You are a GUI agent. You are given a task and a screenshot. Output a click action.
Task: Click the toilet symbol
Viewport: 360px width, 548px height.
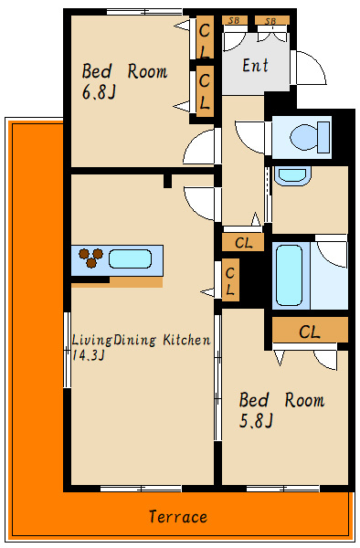pos(310,137)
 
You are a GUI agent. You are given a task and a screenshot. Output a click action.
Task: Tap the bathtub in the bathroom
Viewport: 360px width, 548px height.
pos(289,275)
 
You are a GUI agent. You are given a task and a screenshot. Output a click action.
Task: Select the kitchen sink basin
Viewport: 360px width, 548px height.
pos(130,259)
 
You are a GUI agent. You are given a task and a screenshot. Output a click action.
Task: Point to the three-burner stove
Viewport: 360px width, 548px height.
pos(90,258)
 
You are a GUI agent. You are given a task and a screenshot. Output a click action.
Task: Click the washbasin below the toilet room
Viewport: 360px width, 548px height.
pos(292,175)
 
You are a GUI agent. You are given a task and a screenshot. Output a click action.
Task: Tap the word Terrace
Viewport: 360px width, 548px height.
pos(178,517)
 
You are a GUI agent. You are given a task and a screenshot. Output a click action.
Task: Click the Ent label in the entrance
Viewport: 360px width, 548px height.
pos(256,66)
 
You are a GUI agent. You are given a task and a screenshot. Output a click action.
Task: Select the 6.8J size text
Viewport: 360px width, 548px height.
pos(99,92)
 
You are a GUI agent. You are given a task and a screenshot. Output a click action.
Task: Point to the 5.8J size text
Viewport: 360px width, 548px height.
pos(256,421)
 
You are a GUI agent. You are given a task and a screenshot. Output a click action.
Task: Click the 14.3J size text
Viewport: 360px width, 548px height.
pos(88,355)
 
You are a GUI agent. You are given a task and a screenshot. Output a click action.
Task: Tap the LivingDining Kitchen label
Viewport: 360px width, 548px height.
pos(142,340)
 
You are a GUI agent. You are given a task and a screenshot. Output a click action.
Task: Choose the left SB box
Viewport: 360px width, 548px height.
pos(235,20)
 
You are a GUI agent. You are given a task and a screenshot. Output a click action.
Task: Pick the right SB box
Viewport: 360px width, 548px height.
pos(272,20)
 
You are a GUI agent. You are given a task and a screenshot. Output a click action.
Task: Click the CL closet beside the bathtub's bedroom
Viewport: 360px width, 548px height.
pos(310,330)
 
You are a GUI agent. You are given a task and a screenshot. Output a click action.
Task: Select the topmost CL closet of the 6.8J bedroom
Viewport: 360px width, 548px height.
pos(205,37)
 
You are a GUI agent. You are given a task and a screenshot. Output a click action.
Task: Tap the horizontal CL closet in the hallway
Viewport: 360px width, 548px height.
pos(243,242)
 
